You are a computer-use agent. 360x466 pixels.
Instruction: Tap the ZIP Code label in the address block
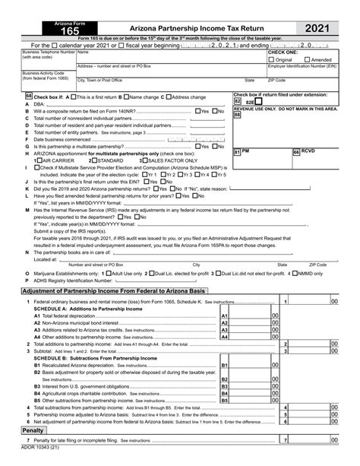pyautogui.click(x=276, y=80)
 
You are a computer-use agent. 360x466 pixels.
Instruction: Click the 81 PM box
pyautogui.click(x=237, y=153)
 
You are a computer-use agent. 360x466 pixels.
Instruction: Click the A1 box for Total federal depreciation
pyautogui.click(x=224, y=315)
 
